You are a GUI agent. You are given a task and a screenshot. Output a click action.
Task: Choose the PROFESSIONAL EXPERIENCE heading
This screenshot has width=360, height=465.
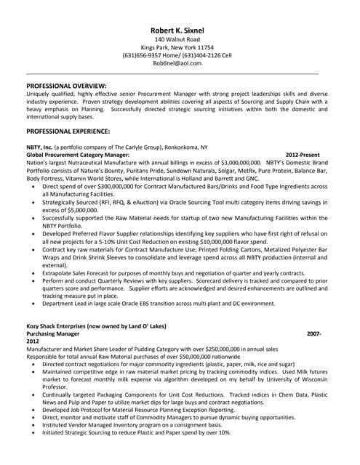pyautogui.click(x=68, y=132)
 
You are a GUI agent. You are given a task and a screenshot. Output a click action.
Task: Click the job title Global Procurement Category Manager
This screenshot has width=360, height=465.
pyautogui.click(x=78, y=155)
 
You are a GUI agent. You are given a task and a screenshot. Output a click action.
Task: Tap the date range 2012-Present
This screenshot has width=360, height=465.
pyautogui.click(x=303, y=155)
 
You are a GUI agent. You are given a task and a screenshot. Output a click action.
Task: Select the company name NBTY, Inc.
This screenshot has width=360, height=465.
pyautogui.click(x=39, y=147)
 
